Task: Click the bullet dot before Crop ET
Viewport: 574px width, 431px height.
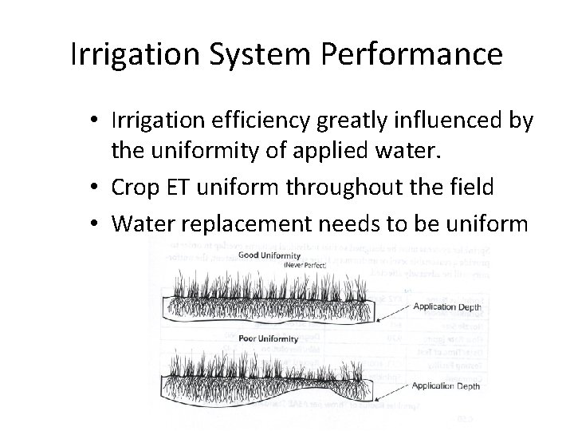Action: pos(95,188)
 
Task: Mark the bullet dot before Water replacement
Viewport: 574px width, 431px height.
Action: pos(95,221)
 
